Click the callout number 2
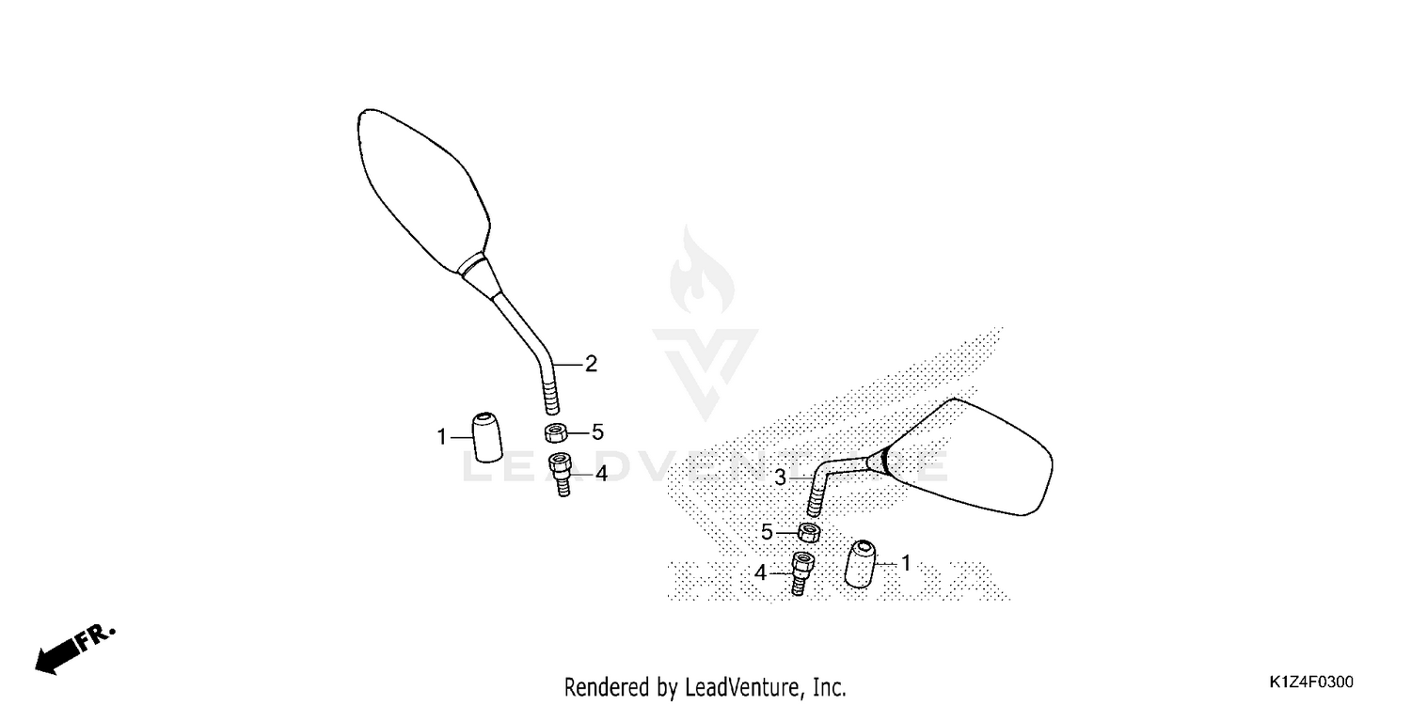[591, 364]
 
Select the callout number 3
[781, 478]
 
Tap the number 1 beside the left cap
[441, 437]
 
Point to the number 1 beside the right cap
[906, 563]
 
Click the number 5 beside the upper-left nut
[597, 432]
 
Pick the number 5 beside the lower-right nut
[767, 533]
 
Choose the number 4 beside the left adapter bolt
[602, 474]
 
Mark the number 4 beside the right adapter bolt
[760, 572]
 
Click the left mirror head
[422, 189]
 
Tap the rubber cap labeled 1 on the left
[487, 437]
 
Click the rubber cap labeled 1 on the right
[860, 563]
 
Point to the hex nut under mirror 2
[556, 433]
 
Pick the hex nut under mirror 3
[809, 533]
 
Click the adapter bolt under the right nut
[801, 572]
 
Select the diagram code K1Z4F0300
[1311, 682]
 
